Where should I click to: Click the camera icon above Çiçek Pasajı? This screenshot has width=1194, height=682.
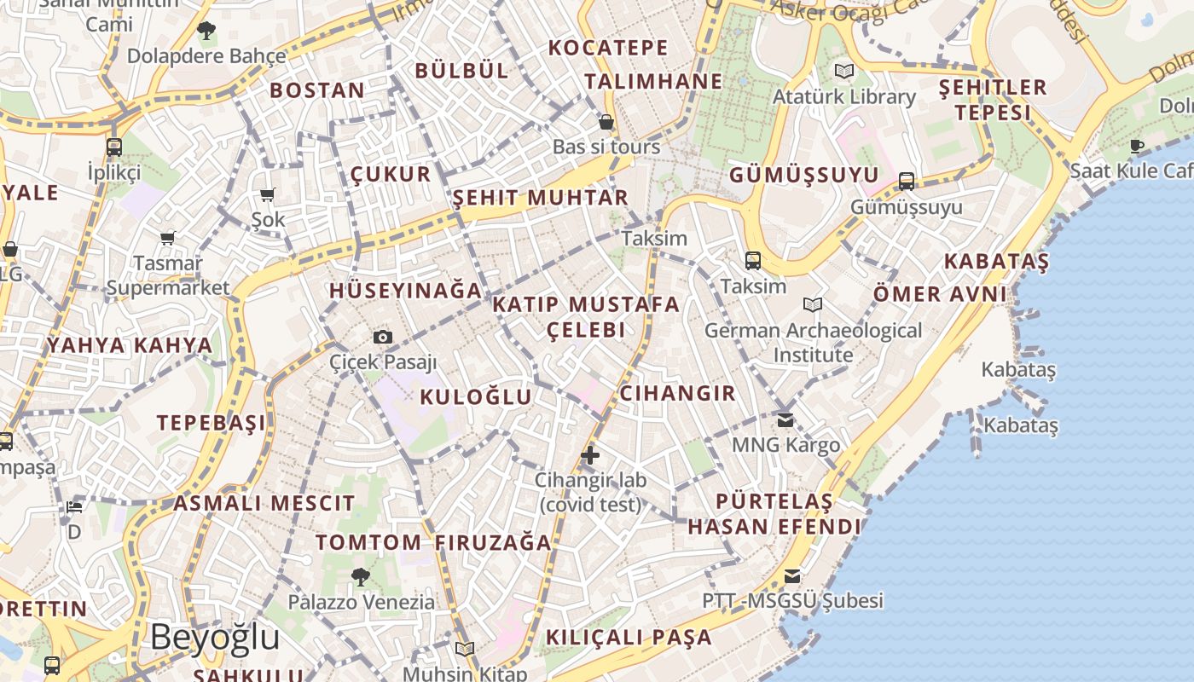tap(383, 338)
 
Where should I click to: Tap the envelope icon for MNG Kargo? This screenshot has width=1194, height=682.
tap(785, 419)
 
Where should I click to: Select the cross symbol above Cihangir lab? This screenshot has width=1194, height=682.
tap(590, 455)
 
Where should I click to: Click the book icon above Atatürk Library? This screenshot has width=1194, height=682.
tap(844, 72)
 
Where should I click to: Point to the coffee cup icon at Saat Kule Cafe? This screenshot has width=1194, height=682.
tap(1136, 146)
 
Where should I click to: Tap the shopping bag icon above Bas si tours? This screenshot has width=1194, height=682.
tap(606, 122)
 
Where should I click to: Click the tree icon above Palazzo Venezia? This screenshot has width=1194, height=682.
tap(361, 577)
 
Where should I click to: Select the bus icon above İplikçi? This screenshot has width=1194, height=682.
tap(114, 147)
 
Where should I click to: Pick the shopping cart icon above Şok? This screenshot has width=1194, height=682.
tap(268, 195)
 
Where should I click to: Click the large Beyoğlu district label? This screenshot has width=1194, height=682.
tap(215, 637)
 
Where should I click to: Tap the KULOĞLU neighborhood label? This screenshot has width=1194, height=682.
tap(476, 396)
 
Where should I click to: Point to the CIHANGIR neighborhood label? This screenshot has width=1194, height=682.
tap(677, 393)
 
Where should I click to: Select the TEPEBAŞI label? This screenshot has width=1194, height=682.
tap(211, 423)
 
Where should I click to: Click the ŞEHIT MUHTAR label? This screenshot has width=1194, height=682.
tap(540, 198)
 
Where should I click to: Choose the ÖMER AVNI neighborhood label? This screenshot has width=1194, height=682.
tap(940, 295)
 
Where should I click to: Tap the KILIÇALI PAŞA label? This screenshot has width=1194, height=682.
tap(629, 637)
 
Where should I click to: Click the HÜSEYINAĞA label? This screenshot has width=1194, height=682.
tap(406, 290)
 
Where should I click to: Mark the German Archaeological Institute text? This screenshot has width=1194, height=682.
tap(813, 342)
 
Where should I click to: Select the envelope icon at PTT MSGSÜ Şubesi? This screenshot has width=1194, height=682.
tap(792, 576)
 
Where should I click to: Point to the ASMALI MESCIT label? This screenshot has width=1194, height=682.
tap(264, 503)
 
